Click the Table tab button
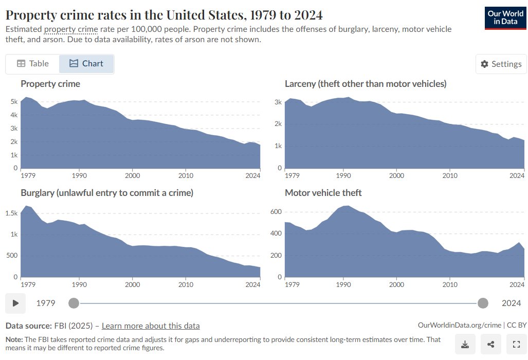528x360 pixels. (32, 64)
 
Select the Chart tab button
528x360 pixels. (86, 64)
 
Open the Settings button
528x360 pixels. (501, 64)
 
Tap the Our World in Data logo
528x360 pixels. (505, 18)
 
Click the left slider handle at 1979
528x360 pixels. (74, 303)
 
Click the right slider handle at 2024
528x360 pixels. (483, 303)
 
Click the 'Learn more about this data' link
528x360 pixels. (151, 326)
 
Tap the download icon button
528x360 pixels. (465, 344)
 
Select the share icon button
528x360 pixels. (491, 344)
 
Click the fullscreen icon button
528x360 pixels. (517, 344)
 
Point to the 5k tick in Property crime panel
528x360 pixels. (14, 102)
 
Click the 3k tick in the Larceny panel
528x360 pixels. (278, 102)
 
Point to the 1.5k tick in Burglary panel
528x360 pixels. (12, 213)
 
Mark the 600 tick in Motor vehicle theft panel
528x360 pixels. (276, 211)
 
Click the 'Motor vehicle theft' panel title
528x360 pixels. (323, 192)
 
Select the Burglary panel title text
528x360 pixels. (107, 192)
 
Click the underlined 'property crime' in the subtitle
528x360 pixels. (71, 29)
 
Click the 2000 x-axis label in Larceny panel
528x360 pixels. (396, 176)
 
